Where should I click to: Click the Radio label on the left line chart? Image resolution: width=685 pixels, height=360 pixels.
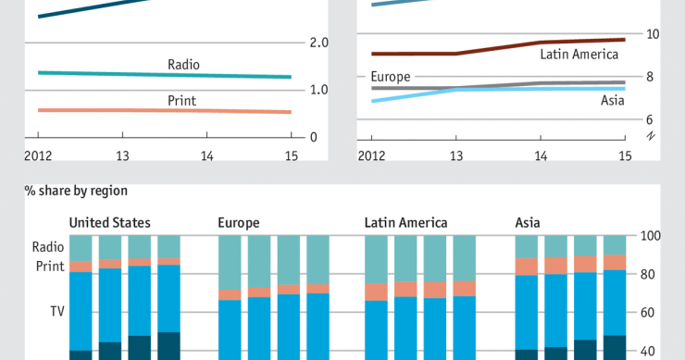tap(183, 65)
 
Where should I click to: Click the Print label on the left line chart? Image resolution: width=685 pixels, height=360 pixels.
tap(181, 100)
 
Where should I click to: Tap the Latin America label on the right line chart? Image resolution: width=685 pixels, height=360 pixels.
tap(579, 55)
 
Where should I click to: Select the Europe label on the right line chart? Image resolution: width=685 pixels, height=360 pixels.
tap(391, 76)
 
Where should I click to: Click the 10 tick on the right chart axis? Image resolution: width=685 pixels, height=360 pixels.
tap(652, 34)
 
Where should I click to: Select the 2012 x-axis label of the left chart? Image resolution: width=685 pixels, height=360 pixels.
tap(37, 155)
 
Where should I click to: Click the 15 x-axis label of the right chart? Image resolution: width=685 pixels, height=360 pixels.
tap(624, 155)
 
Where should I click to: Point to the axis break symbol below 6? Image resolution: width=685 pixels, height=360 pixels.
tap(651, 137)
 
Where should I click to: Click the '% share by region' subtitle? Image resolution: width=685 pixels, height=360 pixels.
tap(76, 191)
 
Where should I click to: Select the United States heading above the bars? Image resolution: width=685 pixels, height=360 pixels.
tap(110, 223)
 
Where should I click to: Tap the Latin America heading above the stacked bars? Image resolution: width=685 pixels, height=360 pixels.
tap(405, 223)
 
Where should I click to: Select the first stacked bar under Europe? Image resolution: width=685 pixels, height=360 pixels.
tap(230, 296)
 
